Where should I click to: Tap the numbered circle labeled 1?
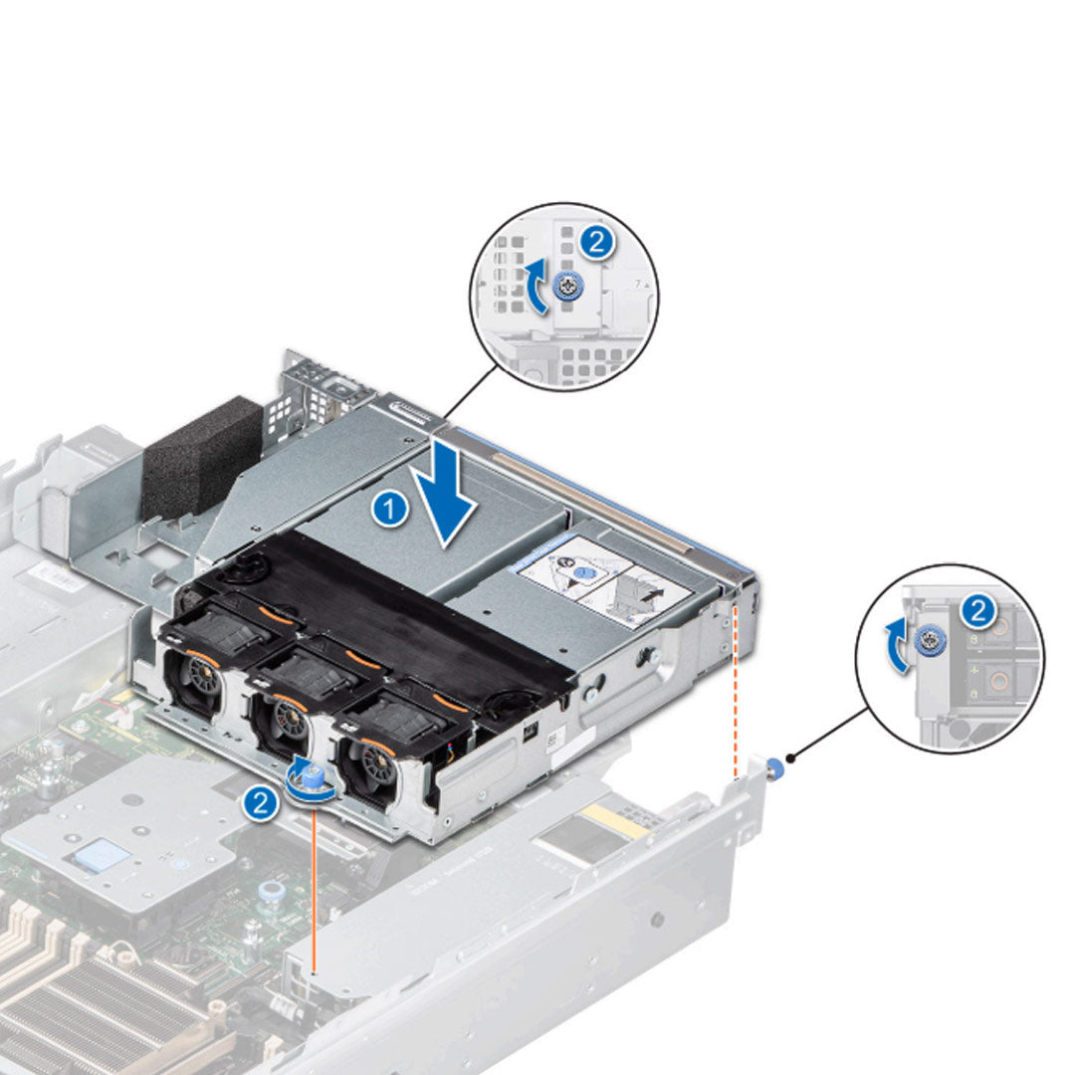[x=389, y=509]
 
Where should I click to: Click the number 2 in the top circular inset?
[x=595, y=243]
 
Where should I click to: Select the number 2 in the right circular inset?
[x=978, y=611]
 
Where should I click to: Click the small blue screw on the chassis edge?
[x=776, y=767]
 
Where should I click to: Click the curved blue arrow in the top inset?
[x=536, y=287]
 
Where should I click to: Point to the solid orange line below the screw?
[x=315, y=886]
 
